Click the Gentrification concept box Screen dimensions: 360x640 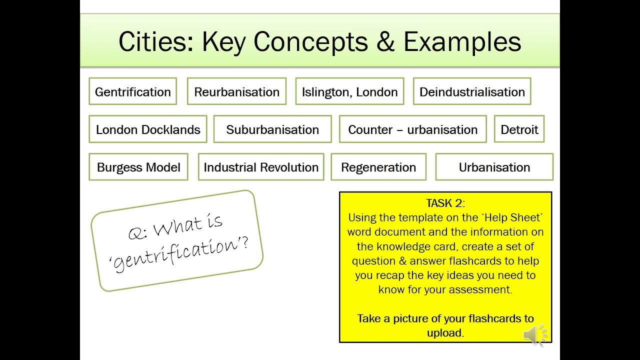point(132,91)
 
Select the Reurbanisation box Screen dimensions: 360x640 point(236,91)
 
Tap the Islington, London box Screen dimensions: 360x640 point(349,91)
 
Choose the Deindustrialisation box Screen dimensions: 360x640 point(472,91)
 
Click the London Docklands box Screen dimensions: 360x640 point(148,129)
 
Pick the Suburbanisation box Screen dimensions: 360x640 point(272,129)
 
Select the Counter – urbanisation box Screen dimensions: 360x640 point(412,129)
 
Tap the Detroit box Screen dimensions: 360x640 point(519,129)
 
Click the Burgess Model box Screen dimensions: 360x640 point(138,167)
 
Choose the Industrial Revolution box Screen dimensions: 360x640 point(261,167)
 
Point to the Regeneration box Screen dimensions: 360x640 point(378,167)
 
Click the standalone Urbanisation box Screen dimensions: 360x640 point(494,167)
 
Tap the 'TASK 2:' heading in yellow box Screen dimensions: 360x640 point(445,203)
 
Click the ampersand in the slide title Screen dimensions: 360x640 point(385,42)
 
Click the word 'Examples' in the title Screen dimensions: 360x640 point(462,42)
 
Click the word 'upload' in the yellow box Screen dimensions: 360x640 point(444,333)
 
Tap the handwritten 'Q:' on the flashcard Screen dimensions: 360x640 point(137,233)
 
